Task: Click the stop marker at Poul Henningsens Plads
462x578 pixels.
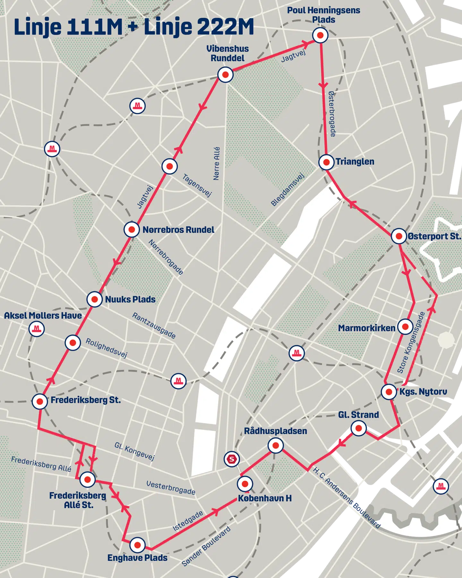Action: pos(320,35)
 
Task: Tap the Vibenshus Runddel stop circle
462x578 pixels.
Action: pos(225,75)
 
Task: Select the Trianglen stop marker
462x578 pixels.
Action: pos(326,162)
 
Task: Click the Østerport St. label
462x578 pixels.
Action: pos(434,236)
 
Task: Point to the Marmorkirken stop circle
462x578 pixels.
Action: pos(405,327)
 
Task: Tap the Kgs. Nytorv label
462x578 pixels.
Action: pos(423,392)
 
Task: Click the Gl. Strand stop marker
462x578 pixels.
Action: pos(359,428)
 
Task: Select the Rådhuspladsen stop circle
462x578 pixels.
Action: pos(276,446)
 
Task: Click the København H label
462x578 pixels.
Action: pos(265,498)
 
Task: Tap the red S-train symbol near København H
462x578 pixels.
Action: pos(232,459)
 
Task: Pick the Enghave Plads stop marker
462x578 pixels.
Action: pos(137,545)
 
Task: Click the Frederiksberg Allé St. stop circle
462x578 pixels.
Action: pos(87,480)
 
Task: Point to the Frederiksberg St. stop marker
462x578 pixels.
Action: pos(40,401)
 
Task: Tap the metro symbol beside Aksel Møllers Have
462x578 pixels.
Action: pos(37,329)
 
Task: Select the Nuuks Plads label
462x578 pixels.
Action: pos(130,299)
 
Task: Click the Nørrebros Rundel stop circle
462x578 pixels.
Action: pos(132,230)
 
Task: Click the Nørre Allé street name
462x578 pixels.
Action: pos(217,164)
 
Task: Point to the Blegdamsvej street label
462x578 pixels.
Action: pos(287,190)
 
